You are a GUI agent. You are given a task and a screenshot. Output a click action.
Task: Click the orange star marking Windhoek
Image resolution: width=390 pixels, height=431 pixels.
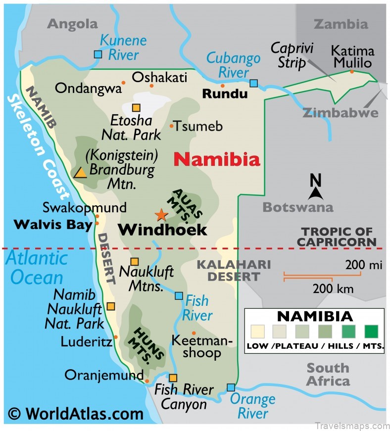click(x=161, y=215)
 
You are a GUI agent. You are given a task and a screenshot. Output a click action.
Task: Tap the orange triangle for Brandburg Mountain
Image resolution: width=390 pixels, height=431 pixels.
click(x=80, y=173)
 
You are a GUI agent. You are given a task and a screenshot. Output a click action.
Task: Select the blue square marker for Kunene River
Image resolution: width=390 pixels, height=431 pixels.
click(x=98, y=54)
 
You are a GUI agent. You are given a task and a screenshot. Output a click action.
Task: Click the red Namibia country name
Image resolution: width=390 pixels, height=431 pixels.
click(x=217, y=159)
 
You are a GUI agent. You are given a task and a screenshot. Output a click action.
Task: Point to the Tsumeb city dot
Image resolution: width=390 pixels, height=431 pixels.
click(x=172, y=126)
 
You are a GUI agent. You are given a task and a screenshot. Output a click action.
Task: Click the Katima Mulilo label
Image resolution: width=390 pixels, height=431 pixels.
click(x=352, y=57)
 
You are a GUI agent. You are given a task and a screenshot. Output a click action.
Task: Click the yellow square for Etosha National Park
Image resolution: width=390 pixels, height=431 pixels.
click(x=136, y=107)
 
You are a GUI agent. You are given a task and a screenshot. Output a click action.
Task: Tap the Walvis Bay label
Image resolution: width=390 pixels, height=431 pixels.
click(x=53, y=225)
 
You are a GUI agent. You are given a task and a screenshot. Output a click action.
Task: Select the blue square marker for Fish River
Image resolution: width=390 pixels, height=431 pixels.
click(x=179, y=295)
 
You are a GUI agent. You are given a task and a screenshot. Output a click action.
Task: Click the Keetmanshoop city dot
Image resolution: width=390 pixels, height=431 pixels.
click(x=194, y=333)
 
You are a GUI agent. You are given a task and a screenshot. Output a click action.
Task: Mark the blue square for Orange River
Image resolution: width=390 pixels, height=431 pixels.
click(x=231, y=387)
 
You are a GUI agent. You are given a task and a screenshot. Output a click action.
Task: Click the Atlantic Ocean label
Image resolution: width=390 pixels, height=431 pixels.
click(x=37, y=267)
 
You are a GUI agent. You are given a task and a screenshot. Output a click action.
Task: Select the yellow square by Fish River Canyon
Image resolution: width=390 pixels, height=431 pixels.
click(x=173, y=378)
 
